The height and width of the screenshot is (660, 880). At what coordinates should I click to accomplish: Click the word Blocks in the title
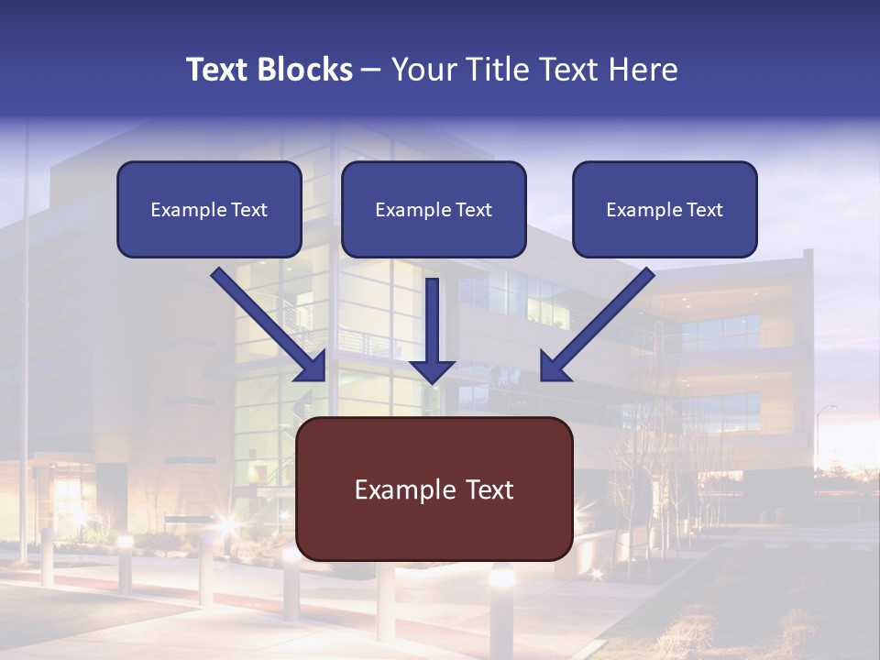point(305,70)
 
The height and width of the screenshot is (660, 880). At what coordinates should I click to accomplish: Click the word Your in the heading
point(422,70)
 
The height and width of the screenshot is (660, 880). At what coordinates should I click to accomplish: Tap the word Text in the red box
point(489,489)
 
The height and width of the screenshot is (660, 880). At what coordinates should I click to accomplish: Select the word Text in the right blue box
point(705,210)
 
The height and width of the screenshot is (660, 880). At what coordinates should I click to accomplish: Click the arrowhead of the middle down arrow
point(432,370)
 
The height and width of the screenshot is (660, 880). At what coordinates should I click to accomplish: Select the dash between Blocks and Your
point(371,70)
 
